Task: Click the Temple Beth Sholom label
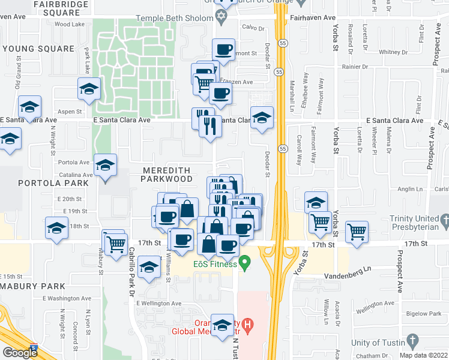(174, 18)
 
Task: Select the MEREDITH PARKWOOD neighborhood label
(167, 174)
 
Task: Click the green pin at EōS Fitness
(244, 262)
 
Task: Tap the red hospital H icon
(246, 325)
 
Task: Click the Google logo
(20, 352)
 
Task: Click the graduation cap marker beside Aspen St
(89, 89)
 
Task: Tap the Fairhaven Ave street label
(313, 18)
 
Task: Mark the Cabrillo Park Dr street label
(130, 267)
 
